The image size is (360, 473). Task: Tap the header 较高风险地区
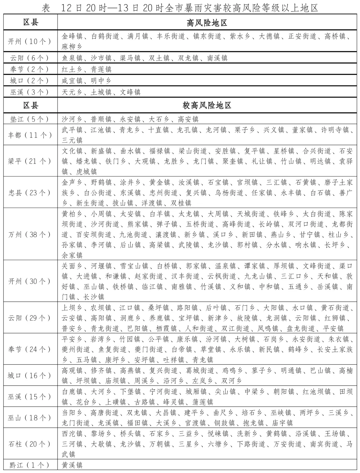click(x=207, y=106)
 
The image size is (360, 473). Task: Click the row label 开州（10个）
click(x=30, y=41)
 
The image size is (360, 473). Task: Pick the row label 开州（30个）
click(x=30, y=281)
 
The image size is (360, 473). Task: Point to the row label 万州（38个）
click(x=30, y=234)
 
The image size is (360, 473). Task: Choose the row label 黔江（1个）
click(x=30, y=465)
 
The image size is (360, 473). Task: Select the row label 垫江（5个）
click(x=30, y=119)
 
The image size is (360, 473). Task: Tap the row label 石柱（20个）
click(x=30, y=444)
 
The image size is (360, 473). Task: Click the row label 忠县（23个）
click(x=30, y=193)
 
